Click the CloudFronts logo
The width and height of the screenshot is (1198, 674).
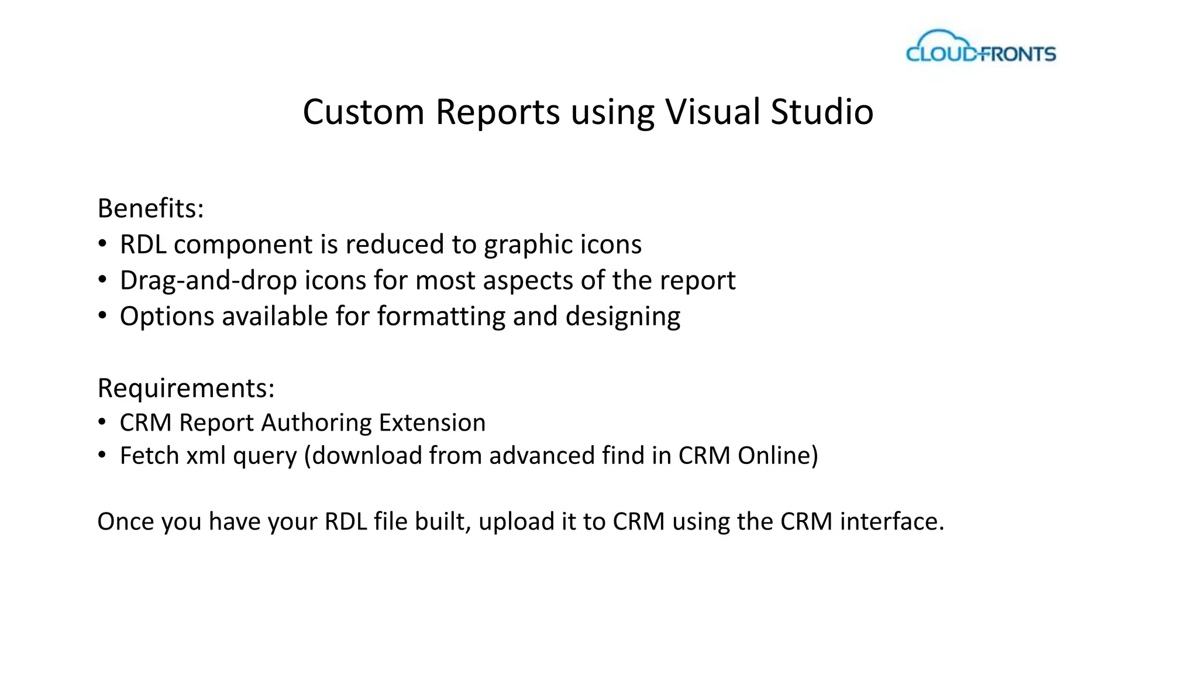click(981, 47)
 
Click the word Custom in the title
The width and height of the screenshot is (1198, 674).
click(363, 112)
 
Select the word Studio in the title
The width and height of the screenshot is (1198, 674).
click(822, 112)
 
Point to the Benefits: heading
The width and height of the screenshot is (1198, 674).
click(151, 208)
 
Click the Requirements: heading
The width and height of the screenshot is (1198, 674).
click(186, 388)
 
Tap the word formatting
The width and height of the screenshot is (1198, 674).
click(441, 317)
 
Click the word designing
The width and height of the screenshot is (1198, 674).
click(623, 317)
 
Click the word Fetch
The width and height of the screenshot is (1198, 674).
click(149, 455)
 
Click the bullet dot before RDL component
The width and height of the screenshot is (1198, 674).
click(102, 244)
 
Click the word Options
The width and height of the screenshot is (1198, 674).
click(167, 317)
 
